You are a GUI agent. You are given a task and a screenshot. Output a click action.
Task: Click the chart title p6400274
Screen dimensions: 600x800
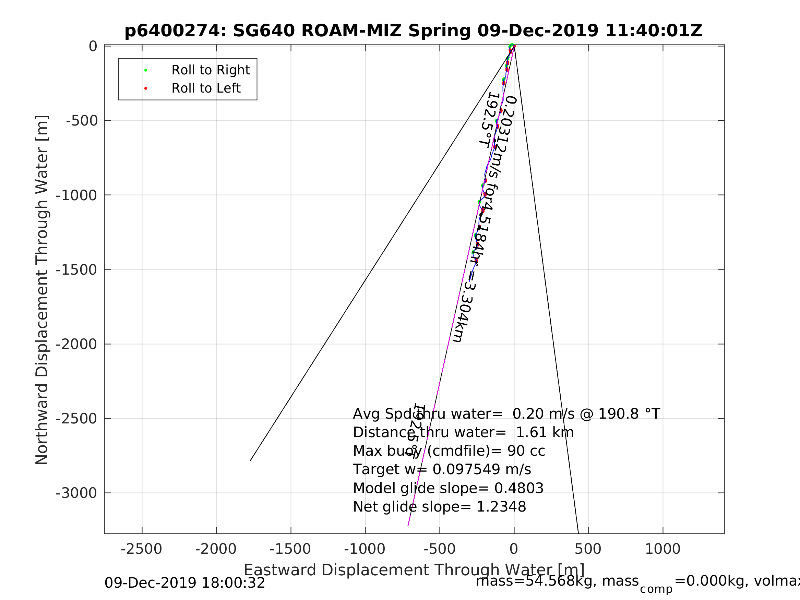[413, 31]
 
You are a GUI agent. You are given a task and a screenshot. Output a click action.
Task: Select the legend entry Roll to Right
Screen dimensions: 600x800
[211, 70]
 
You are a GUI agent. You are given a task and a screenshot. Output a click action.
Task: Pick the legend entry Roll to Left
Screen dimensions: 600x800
[206, 88]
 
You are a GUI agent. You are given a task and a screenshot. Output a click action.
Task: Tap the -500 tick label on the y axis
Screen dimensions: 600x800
[82, 121]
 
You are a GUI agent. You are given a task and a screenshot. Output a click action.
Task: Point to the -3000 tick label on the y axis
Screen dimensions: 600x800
[76, 493]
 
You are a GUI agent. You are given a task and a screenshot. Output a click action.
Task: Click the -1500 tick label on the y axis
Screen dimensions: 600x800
[76, 270]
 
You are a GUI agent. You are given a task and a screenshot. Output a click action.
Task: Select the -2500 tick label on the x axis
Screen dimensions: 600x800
[141, 549]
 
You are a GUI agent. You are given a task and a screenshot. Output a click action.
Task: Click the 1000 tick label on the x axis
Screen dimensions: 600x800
[662, 549]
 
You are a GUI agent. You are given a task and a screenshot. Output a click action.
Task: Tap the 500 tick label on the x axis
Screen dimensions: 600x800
[588, 549]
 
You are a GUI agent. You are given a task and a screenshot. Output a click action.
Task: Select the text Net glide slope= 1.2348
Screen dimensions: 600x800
[439, 507]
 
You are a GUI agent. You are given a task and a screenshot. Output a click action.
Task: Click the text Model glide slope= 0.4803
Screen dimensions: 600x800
[448, 489]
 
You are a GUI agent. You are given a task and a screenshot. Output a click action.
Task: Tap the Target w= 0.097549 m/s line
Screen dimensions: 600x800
[442, 470]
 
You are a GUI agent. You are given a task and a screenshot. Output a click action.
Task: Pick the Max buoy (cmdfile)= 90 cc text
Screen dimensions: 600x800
[449, 451]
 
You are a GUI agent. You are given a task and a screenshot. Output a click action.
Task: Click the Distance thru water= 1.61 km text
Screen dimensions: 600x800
[463, 433]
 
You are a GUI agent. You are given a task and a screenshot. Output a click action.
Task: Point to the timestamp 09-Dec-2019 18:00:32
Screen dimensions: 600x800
[185, 583]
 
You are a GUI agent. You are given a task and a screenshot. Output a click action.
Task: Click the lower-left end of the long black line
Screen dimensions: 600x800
[250, 460]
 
